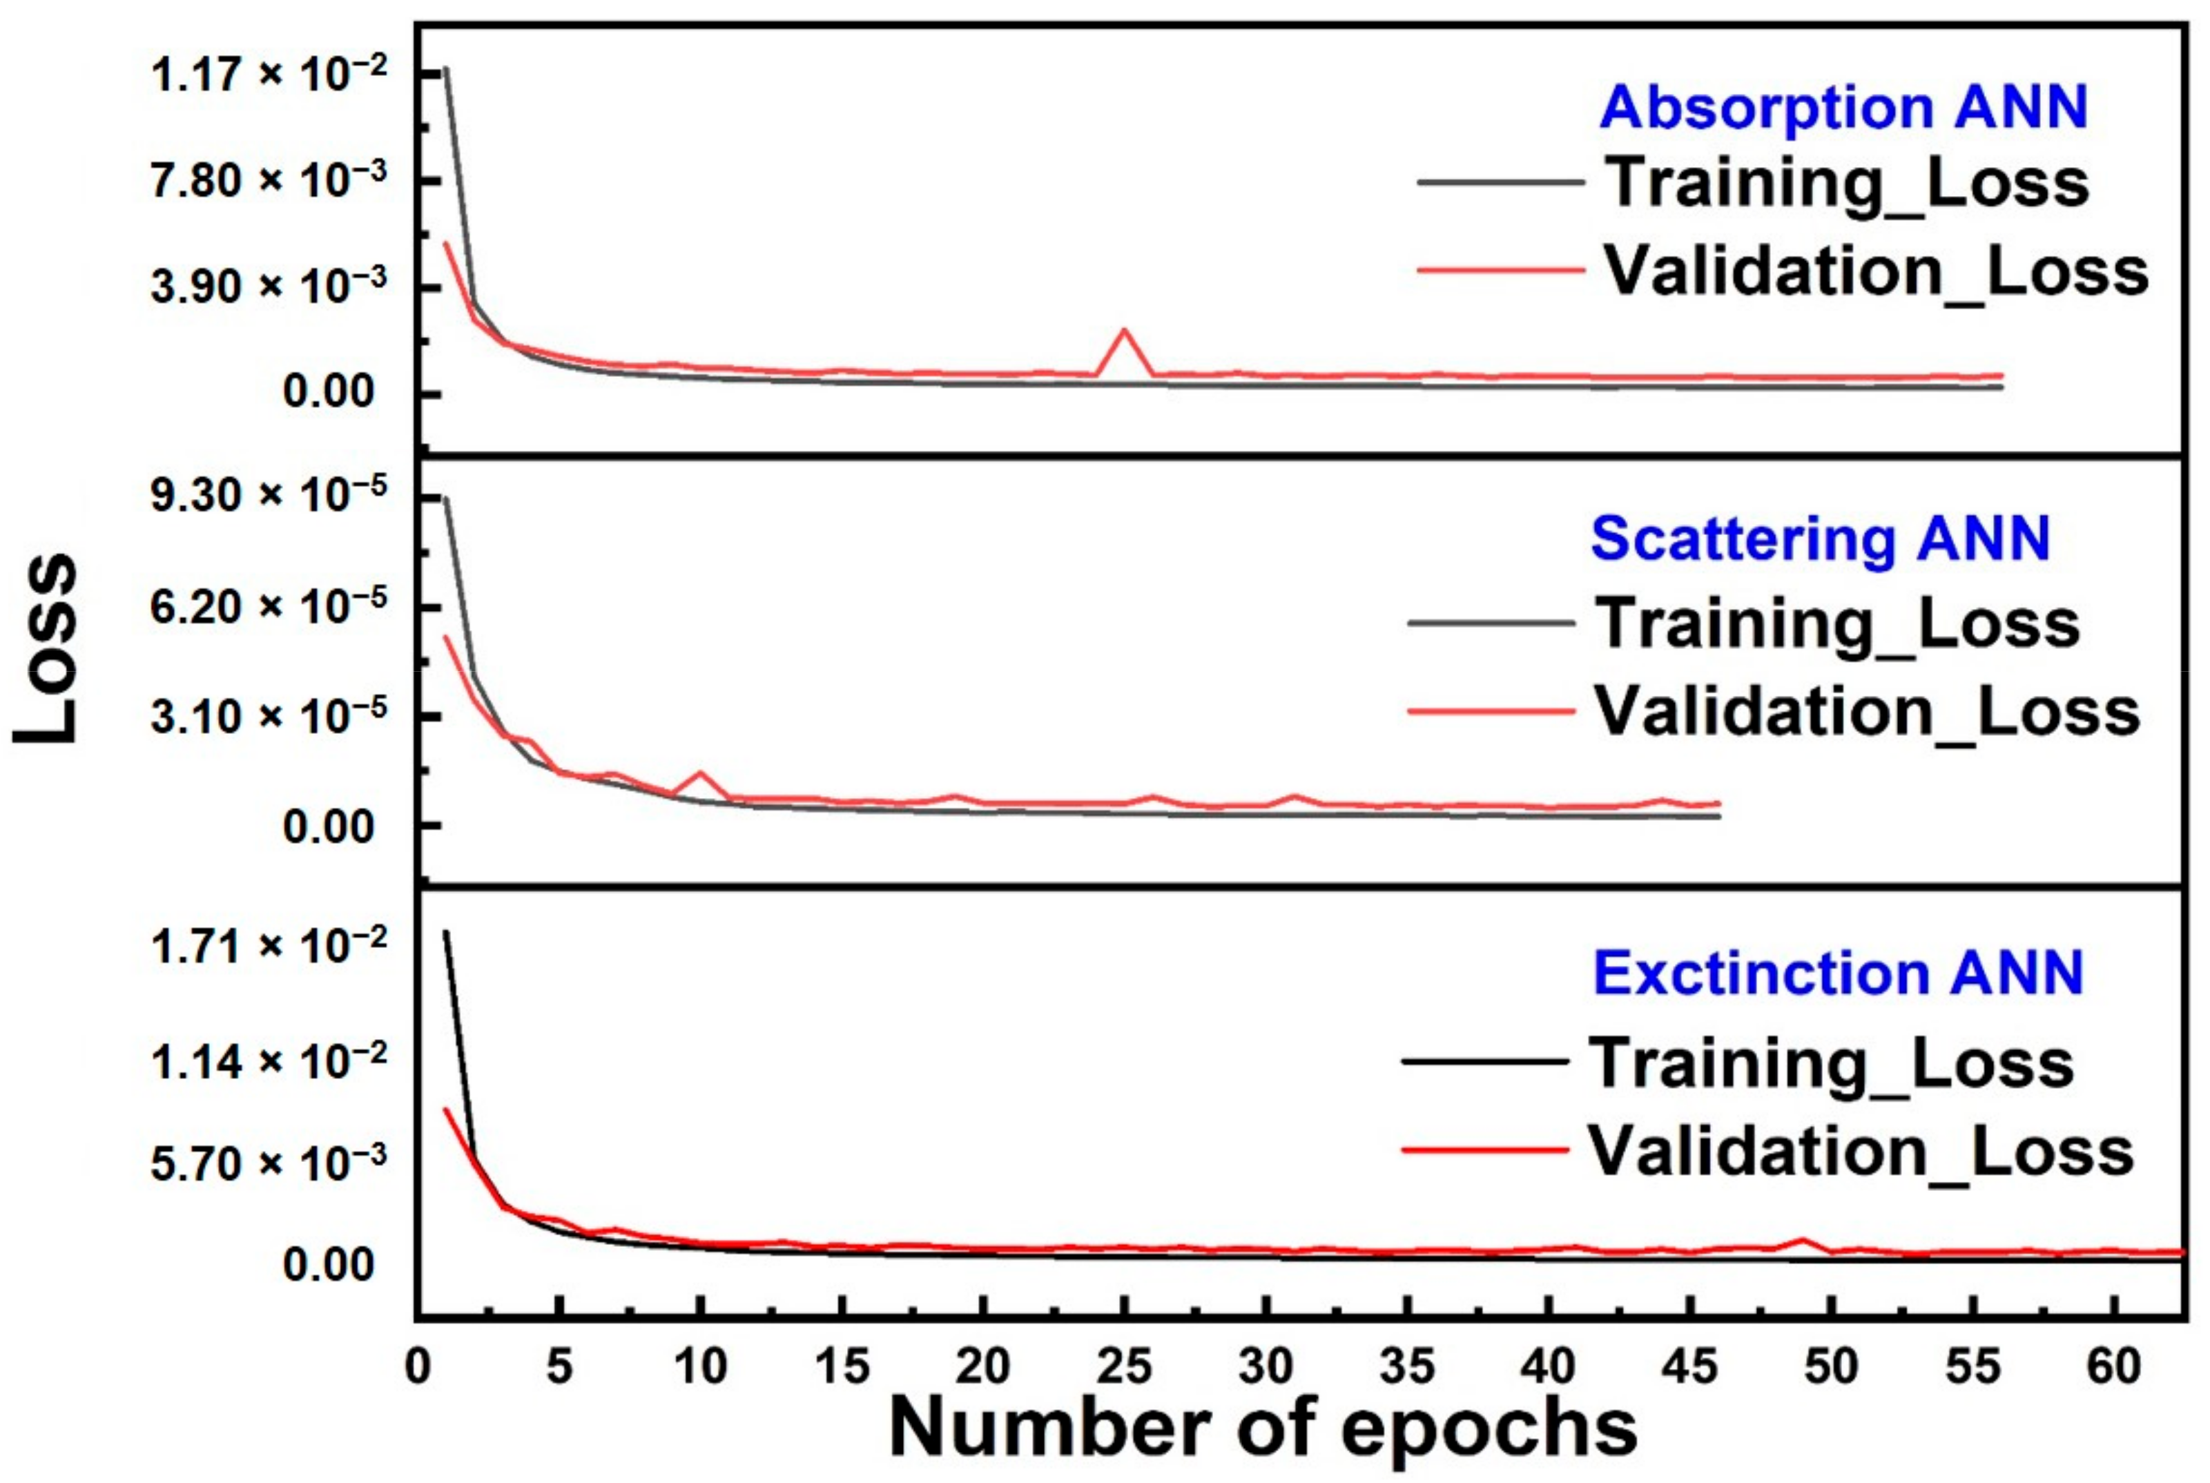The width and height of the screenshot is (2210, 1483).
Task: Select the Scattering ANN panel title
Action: click(x=1821, y=539)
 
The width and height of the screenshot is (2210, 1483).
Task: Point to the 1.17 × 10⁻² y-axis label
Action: click(x=268, y=75)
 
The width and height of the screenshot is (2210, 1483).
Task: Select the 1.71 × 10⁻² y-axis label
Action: click(x=268, y=945)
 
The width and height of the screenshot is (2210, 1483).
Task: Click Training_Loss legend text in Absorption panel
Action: click(x=1847, y=182)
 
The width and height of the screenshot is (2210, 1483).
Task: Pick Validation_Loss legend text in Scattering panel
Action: click(x=1868, y=710)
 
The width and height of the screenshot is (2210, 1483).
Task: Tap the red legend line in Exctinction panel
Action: click(x=1484, y=1150)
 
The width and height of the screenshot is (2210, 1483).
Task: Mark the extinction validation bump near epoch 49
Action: click(x=1803, y=1239)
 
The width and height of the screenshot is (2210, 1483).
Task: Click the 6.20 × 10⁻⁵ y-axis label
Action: click(x=268, y=606)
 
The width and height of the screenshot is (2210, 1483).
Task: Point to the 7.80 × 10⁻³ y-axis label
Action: click(x=268, y=181)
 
